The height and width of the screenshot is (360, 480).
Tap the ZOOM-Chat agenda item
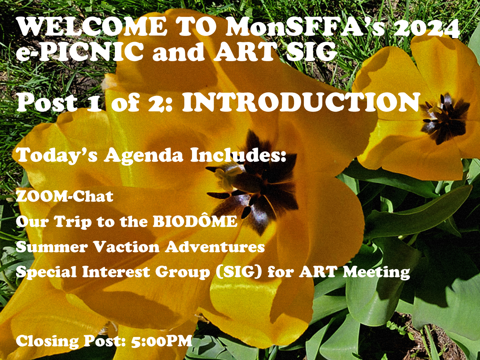65,196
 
